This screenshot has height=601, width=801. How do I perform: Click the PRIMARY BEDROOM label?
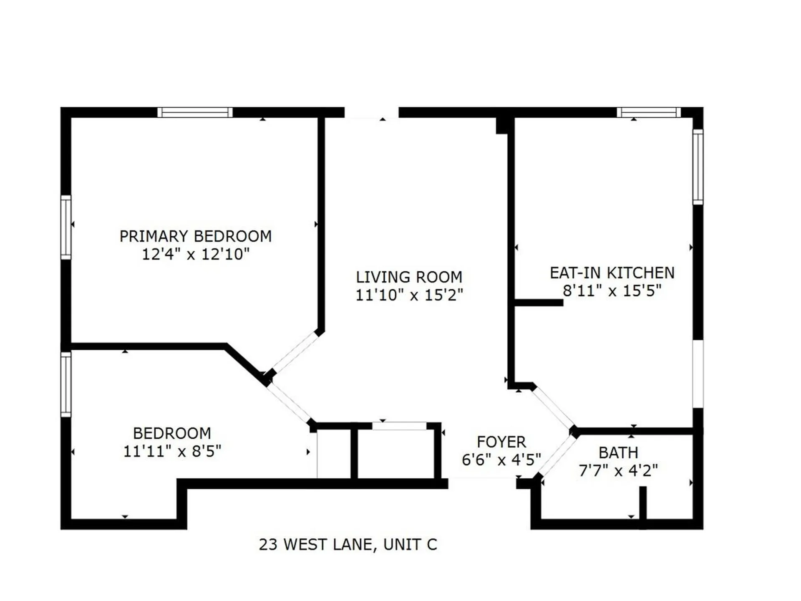pyautogui.click(x=195, y=236)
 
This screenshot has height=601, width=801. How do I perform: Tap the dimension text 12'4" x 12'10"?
pyautogui.click(x=195, y=254)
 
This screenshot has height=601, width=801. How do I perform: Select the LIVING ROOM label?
pyautogui.click(x=409, y=277)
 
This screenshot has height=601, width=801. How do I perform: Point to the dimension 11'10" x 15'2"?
pyautogui.click(x=409, y=295)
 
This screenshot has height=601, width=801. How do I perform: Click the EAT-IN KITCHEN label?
pyautogui.click(x=612, y=273)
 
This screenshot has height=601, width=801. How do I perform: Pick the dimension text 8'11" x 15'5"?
pyautogui.click(x=612, y=291)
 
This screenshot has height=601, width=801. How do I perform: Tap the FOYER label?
pyautogui.click(x=501, y=442)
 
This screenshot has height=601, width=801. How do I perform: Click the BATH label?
pyautogui.click(x=618, y=453)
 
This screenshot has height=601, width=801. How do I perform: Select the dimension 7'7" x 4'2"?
pyautogui.click(x=618, y=471)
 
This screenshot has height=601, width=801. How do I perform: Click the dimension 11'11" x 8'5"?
pyautogui.click(x=172, y=451)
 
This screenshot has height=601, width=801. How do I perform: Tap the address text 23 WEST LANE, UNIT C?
pyautogui.click(x=348, y=545)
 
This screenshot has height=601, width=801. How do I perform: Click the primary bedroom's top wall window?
pyautogui.click(x=195, y=112)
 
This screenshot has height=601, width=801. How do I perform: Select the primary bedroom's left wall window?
pyautogui.click(x=66, y=227)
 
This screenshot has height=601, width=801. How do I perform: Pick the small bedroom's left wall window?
pyautogui.click(x=66, y=384)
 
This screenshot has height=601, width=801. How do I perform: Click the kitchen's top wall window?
pyautogui.click(x=648, y=112)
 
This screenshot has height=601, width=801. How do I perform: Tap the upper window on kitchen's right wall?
pyautogui.click(x=698, y=167)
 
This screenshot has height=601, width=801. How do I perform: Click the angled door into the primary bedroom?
pyautogui.click(x=295, y=352)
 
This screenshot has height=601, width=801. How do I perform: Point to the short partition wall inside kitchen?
pyautogui.click(x=539, y=303)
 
